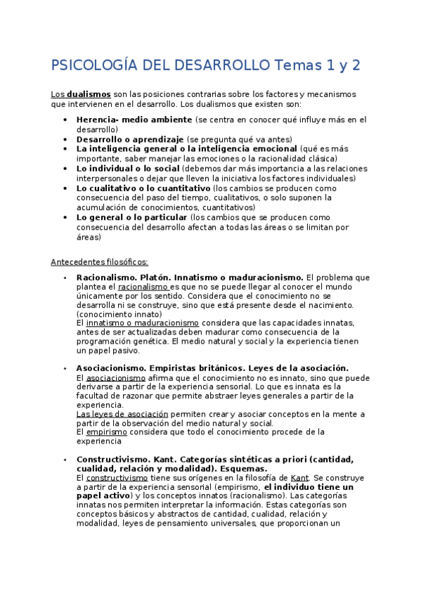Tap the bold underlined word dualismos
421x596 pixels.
coord(89,93)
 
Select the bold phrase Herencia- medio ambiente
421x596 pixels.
coord(134,120)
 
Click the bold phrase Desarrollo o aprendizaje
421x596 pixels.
coord(130,139)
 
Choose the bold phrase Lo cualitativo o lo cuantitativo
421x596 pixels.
coord(143,188)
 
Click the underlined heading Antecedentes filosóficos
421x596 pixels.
coord(99,262)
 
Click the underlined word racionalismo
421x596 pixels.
coord(143,287)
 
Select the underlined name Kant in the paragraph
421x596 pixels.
coord(299,477)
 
